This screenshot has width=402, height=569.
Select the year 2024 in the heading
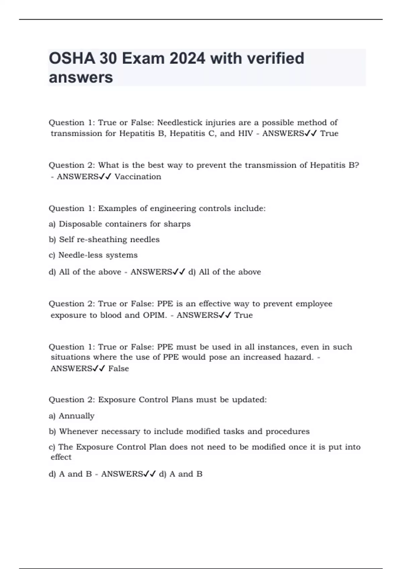click(187, 59)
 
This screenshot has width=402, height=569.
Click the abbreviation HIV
click(246, 133)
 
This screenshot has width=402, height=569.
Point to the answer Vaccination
click(138, 176)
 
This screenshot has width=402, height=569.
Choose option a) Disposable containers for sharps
click(120, 224)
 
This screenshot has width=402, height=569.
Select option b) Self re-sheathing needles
click(104, 240)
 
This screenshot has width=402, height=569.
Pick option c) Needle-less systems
click(93, 255)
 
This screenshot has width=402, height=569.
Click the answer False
click(119, 369)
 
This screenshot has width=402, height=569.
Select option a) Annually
click(72, 416)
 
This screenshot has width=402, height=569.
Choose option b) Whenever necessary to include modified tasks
click(179, 431)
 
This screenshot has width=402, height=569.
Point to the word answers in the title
click(81, 78)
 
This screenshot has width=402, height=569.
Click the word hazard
click(298, 357)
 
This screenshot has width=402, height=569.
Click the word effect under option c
click(61, 457)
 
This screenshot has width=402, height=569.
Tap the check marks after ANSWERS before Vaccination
click(105, 176)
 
